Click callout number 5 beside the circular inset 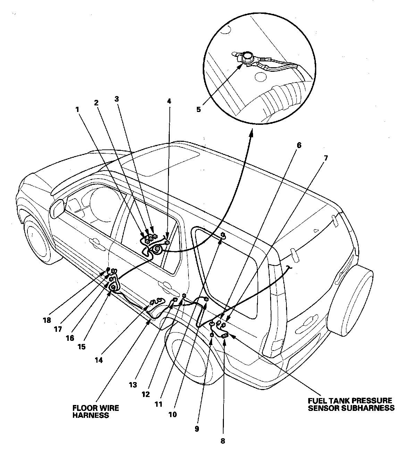coord(199,109)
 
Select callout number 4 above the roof coord(169,101)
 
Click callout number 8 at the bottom coord(223,441)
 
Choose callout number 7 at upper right coord(326,158)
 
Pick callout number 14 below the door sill coord(99,360)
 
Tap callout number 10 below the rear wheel coord(173,414)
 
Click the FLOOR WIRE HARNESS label coord(95,412)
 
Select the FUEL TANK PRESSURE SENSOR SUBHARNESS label coord(351,404)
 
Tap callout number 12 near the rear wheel coord(145,394)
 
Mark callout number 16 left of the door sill coord(70,338)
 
